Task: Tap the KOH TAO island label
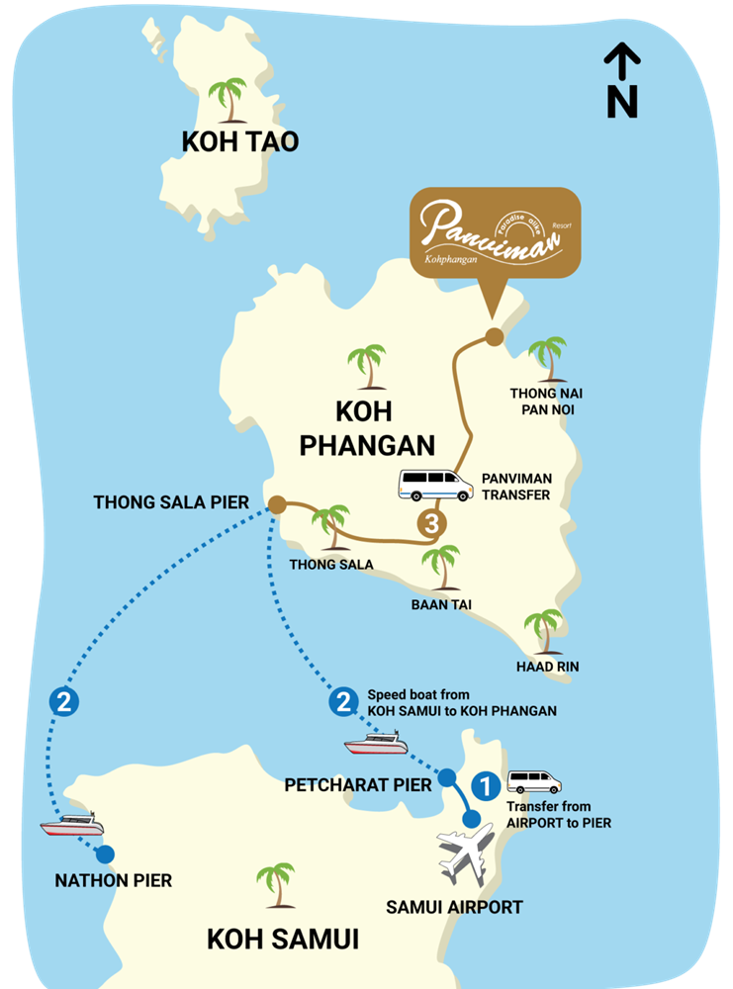[239, 141]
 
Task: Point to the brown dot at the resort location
[493, 338]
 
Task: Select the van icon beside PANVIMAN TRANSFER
[435, 485]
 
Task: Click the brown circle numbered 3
[429, 524]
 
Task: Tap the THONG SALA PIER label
[171, 502]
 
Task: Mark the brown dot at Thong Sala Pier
[276, 504]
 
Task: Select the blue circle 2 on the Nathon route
[62, 703]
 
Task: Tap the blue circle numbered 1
[485, 786]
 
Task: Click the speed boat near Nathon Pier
[71, 823]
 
